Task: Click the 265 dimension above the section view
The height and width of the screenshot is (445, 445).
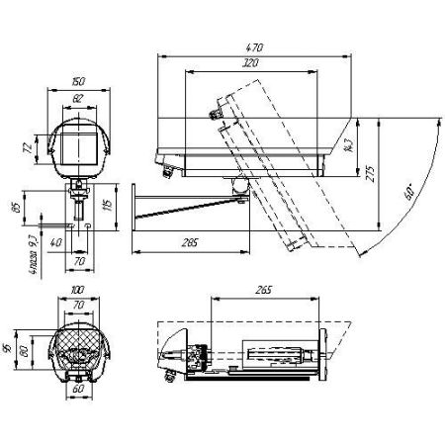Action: tap(263, 292)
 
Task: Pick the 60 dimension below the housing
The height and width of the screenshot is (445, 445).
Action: tap(76, 387)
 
